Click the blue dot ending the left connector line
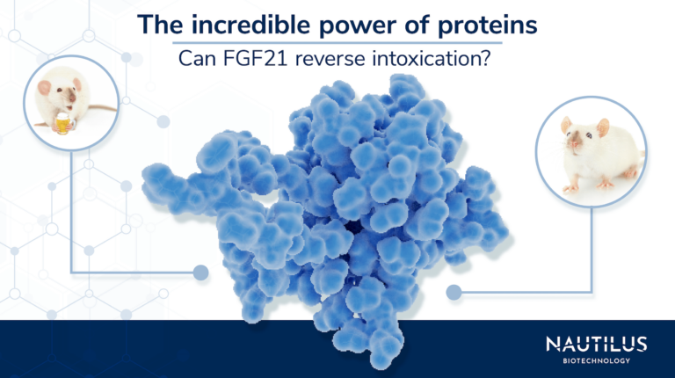coord(201,273)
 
